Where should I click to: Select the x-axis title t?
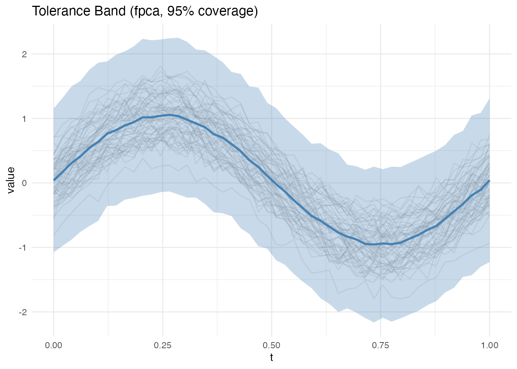272,358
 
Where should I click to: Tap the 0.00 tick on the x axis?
53,345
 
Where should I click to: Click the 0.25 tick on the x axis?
162,345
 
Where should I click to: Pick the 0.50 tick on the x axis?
272,345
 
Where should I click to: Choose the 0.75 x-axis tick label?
380,345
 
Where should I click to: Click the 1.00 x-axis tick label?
489,345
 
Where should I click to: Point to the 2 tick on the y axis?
24,54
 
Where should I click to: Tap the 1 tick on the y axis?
24,118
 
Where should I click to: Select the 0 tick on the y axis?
24,183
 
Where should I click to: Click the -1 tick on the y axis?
23,248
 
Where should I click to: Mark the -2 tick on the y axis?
23,312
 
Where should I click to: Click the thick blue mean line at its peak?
169,115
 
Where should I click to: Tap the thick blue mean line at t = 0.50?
272,180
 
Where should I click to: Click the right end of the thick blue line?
489,181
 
